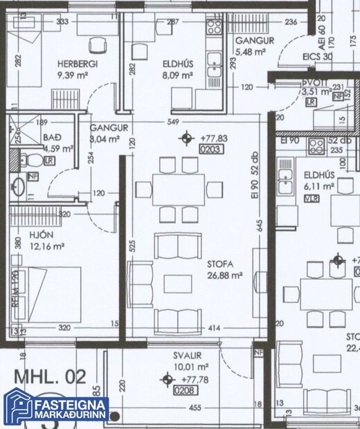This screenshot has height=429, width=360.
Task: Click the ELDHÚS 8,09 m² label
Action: [178, 64]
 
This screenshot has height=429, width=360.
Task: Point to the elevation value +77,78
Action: [194, 379]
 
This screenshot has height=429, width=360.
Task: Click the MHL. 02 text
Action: [50, 377]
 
